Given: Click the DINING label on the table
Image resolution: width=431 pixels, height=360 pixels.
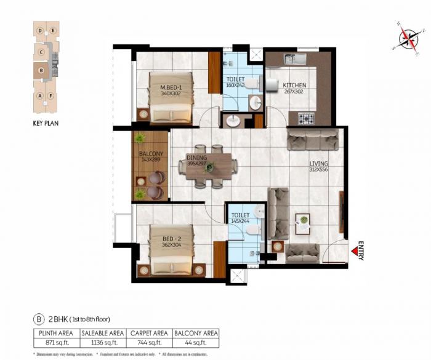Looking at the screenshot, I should coord(197,158).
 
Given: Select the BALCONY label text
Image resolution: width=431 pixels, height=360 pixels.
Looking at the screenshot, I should coord(151,154).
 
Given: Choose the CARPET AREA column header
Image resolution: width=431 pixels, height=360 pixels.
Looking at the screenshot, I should coord(150,332).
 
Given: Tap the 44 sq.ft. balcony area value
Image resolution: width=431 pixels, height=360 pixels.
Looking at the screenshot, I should coord(196,342).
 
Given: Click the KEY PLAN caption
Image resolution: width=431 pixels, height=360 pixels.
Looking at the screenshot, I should coord(46,123).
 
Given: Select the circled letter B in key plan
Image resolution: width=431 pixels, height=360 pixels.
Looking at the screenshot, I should coord(41,71).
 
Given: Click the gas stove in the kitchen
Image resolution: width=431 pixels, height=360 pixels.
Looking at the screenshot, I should coord(305,118).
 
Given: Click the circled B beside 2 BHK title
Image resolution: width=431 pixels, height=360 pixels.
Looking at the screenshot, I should coord(39,319).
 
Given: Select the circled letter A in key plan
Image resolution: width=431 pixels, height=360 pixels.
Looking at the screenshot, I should coord(40,96).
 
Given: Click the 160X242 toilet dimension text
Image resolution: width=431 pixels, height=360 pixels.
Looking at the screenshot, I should coord(235,86).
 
